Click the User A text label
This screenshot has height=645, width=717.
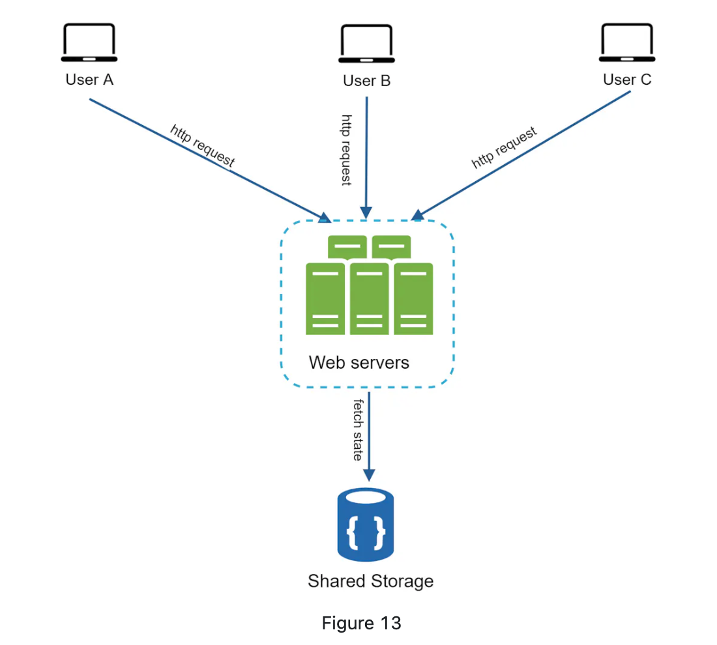(89, 79)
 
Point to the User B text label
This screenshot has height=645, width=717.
(366, 81)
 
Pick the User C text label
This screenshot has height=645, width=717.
(626, 79)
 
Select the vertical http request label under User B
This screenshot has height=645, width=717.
(347, 150)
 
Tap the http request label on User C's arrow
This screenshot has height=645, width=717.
(505, 148)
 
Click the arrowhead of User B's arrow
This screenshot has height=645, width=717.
(366, 214)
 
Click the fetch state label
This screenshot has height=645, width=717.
(358, 430)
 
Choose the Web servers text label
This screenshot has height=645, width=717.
(359, 362)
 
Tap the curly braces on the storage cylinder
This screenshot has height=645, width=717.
(366, 532)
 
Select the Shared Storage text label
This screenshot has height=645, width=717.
(370, 580)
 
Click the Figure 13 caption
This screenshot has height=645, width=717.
(361, 623)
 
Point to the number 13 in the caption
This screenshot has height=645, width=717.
(390, 623)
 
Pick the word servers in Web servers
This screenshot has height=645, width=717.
(379, 362)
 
